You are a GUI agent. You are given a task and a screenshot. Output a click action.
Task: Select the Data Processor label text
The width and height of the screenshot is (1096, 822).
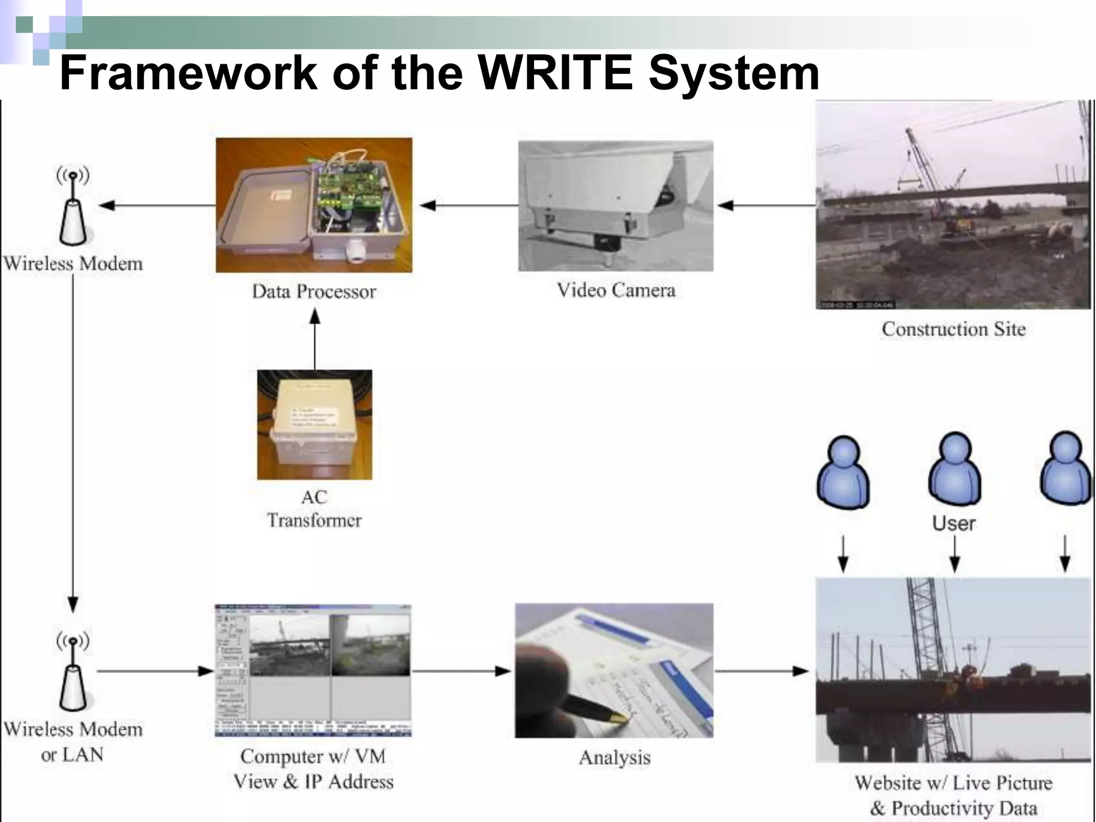coord(314,292)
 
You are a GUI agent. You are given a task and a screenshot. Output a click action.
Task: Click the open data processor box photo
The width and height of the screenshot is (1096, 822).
coord(314,205)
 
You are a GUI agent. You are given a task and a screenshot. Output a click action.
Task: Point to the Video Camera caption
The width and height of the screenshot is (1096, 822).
coord(616,291)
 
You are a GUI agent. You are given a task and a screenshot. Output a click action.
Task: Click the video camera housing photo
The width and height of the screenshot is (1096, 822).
coord(615,205)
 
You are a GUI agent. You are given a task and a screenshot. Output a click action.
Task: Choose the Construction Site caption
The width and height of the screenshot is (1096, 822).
coord(954,329)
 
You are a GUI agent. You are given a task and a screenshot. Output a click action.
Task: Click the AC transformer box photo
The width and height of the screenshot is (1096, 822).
coord(315,424)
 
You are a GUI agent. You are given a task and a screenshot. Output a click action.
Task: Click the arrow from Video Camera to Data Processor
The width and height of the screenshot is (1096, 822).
coord(468,205)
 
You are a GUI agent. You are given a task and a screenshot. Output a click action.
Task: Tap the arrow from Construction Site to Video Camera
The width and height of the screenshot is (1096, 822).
coord(765,205)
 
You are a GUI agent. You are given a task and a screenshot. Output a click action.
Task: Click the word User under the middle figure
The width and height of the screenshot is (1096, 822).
coord(954,523)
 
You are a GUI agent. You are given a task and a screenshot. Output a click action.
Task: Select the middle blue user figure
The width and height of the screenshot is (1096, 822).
coord(955,470)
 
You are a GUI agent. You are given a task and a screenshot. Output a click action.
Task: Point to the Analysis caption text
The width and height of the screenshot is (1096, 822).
coord(615,758)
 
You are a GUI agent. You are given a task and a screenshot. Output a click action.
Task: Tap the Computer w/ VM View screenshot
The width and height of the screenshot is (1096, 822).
coord(313,671)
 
